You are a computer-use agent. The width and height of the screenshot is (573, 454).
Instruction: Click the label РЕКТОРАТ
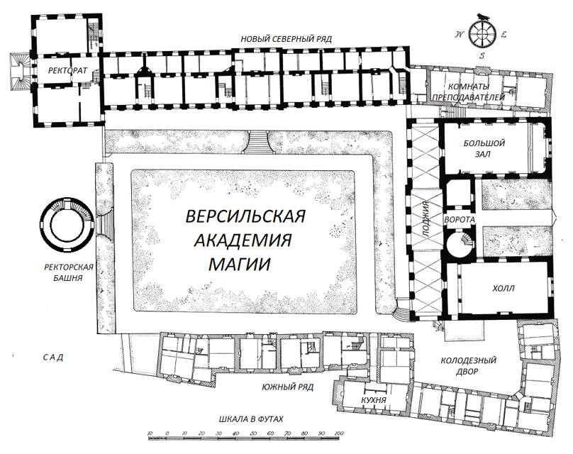point(67,70)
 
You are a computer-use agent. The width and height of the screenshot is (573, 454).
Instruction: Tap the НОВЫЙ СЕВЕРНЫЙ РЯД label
point(286,39)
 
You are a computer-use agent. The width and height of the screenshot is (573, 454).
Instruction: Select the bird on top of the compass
point(483,16)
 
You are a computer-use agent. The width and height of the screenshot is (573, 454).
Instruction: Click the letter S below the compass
point(482,56)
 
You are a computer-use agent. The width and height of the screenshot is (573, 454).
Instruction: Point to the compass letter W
point(460,35)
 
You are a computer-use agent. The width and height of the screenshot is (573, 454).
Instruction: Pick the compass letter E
point(504,35)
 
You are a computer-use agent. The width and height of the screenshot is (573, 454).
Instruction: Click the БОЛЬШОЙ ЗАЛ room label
point(484,148)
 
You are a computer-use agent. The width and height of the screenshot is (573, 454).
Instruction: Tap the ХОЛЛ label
point(504,289)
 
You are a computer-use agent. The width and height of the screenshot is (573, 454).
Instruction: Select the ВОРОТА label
point(460,220)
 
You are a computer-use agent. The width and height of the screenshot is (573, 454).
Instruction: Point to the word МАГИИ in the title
point(240,264)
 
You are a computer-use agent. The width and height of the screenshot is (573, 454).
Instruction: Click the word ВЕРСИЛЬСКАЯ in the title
point(245,216)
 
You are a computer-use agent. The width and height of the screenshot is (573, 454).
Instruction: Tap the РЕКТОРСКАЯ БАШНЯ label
point(69,272)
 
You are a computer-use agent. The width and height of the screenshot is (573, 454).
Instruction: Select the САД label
point(53,357)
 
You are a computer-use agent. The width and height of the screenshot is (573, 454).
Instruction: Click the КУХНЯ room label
point(373,400)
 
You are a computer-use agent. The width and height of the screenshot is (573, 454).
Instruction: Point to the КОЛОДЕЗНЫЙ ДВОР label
point(469,366)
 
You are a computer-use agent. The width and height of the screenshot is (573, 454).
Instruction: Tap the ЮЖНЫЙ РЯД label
point(288,387)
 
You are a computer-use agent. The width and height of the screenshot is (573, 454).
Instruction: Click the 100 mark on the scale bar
point(339,433)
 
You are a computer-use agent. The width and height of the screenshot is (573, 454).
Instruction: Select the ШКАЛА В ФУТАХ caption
point(251,419)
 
